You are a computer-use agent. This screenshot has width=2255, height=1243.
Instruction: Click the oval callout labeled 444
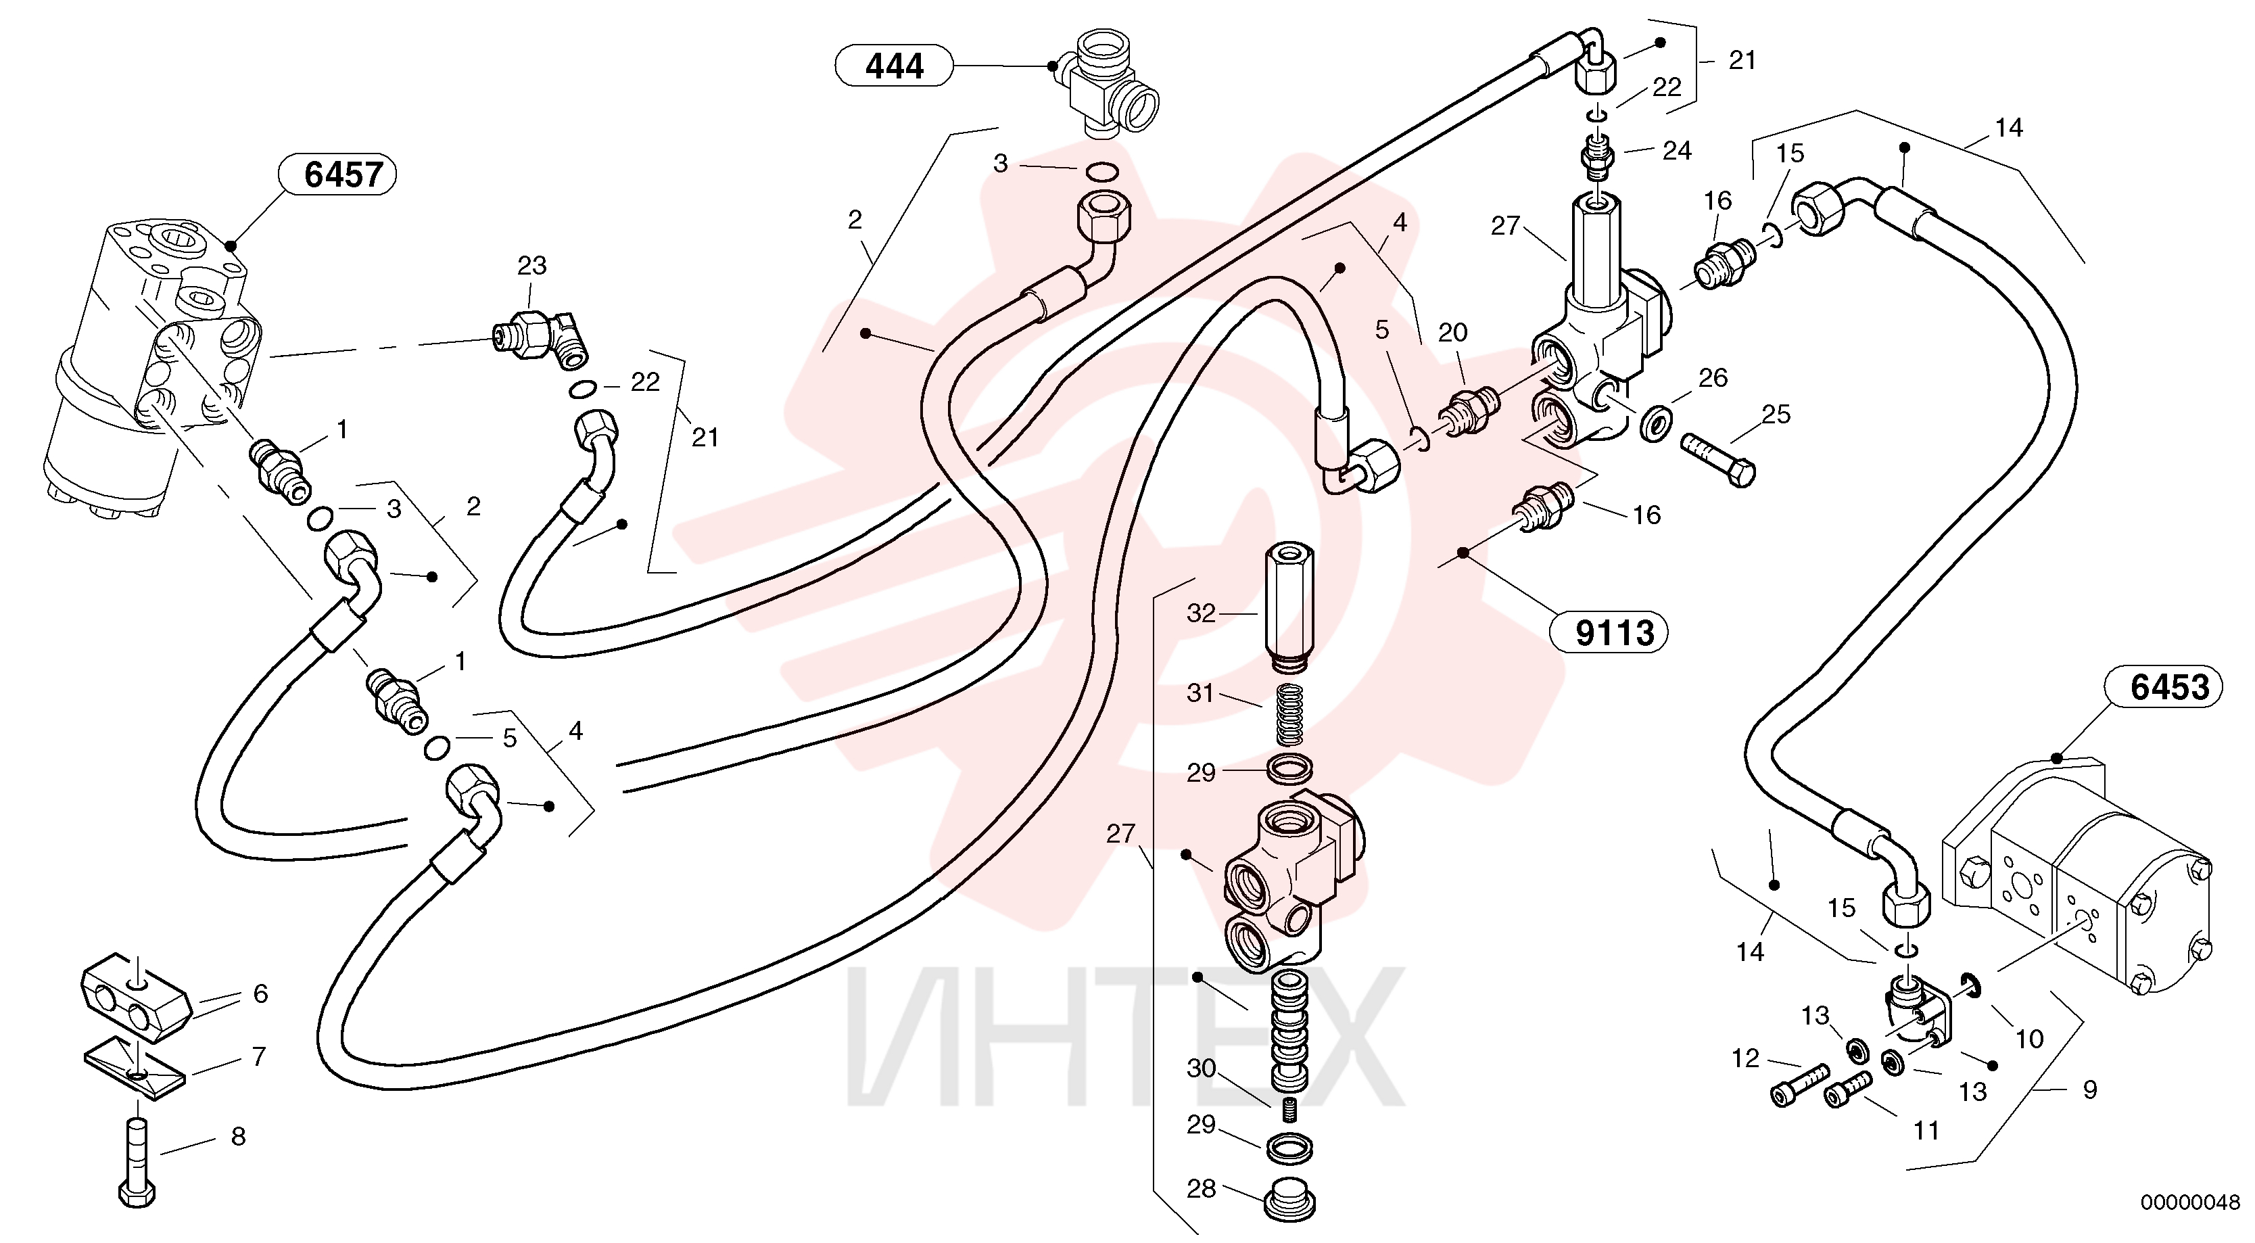click(894, 66)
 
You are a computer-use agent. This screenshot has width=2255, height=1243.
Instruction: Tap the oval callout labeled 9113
click(1609, 632)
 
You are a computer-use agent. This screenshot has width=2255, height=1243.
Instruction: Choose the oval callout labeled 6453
click(2164, 687)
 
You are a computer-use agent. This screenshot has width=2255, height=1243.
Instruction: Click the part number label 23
click(531, 265)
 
